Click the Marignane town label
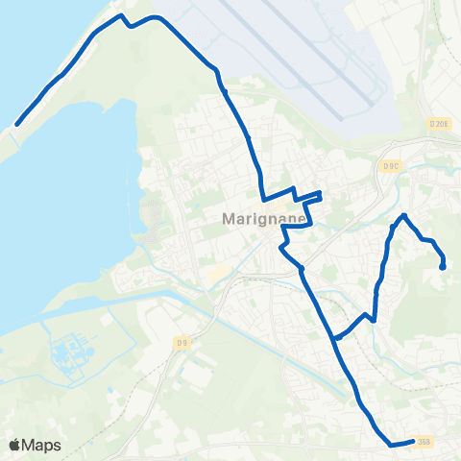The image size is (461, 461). tap(264, 218)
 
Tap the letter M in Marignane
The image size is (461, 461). tap(228, 218)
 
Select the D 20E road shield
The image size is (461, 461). tap(440, 123)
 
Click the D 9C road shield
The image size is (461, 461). tap(391, 165)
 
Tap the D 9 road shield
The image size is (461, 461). tap(182, 341)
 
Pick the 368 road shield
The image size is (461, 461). tap(423, 442)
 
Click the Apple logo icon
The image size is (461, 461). tap(15, 445)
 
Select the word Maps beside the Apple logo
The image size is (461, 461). tap(42, 446)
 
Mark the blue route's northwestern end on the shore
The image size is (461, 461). tap(17, 124)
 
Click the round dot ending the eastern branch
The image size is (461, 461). tap(442, 267)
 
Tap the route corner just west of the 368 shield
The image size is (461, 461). tap(391, 445)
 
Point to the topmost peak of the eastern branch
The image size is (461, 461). tap(404, 215)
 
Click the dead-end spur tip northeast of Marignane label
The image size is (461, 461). tap(319, 194)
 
